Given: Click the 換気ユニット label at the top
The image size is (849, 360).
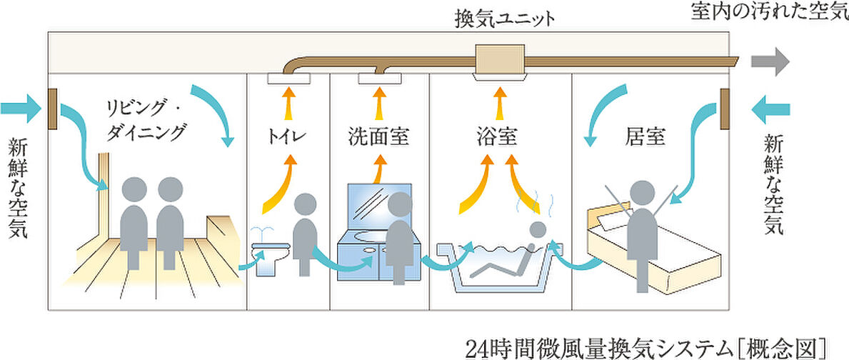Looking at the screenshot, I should pyautogui.click(x=504, y=19).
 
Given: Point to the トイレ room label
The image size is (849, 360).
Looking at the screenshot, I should pyautogui.click(x=288, y=134).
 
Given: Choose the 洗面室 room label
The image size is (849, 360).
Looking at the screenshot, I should pyautogui.click(x=378, y=134).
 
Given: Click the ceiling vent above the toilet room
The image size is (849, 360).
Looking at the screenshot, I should pyautogui.click(x=288, y=78).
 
